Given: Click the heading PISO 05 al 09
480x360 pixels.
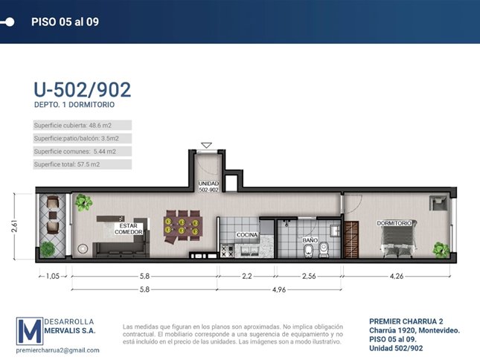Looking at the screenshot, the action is coord(65,22).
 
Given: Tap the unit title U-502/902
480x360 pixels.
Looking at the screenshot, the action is coord(83,89).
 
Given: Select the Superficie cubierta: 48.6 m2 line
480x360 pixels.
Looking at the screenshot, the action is coord(72,126).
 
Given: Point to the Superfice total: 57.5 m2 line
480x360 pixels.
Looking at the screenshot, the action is coord(67,164).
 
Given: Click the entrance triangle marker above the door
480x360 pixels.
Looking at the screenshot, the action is coord(207,145).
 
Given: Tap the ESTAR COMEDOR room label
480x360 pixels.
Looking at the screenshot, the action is coord(129,229).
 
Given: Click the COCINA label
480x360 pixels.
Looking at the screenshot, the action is coord(247,235).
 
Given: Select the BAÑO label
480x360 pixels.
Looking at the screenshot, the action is coord(310,240).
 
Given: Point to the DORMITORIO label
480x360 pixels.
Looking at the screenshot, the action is coord(394,223).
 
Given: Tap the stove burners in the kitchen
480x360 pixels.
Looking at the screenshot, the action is coord(228,251).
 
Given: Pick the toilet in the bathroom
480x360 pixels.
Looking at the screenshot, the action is coord(323,250).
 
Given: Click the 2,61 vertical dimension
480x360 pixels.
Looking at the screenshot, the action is coord(14,226).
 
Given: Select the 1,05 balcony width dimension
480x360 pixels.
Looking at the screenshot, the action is coord(53,276).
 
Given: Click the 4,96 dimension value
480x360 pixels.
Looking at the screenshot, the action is coord(279,289).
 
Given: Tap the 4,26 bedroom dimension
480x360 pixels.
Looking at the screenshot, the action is coord(397,276).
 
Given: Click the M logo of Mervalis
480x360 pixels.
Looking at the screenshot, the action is coord(29,331).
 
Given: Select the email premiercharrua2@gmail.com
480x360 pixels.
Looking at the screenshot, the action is coord(57,350).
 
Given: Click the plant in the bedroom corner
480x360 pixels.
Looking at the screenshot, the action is coord(441,250).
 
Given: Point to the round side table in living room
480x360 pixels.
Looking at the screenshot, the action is coord(83,248).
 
